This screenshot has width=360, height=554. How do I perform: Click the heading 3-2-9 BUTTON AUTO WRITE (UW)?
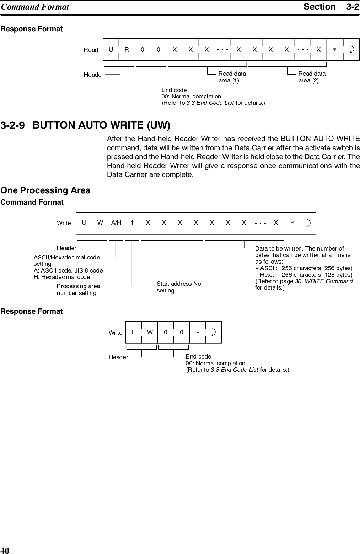click(x=86, y=125)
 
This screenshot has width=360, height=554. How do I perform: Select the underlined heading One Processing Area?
click(x=45, y=190)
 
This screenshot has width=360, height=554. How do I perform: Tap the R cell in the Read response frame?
click(x=127, y=50)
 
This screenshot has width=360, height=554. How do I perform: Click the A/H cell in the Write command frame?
click(x=116, y=223)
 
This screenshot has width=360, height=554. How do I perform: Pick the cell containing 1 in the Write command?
click(x=132, y=223)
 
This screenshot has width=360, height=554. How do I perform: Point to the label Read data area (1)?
click(x=232, y=77)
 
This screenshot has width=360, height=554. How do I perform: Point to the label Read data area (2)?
click(x=312, y=77)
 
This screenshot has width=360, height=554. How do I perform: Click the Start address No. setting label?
click(x=179, y=287)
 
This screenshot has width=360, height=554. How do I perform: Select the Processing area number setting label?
click(x=78, y=290)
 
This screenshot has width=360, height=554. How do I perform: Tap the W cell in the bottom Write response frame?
click(x=150, y=333)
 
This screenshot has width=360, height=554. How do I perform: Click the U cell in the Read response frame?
click(x=111, y=50)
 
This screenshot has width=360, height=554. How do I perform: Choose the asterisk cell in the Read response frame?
click(x=334, y=50)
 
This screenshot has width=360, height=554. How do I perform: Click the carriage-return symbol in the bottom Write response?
click(x=213, y=333)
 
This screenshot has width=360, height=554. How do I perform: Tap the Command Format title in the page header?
click(x=35, y=7)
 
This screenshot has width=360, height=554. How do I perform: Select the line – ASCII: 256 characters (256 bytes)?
click(x=304, y=268)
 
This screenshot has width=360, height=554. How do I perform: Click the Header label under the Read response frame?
click(x=93, y=75)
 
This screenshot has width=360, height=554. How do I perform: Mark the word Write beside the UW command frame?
click(x=64, y=223)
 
